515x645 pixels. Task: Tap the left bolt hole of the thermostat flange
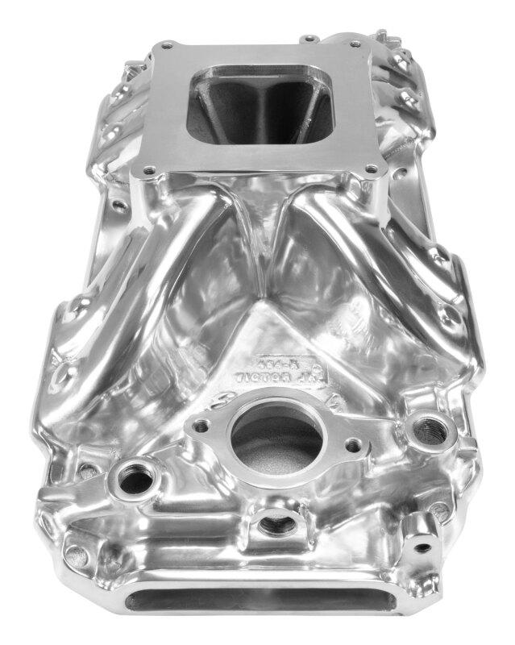coord(200,425)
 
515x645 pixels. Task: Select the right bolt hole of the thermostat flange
coord(352,444)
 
